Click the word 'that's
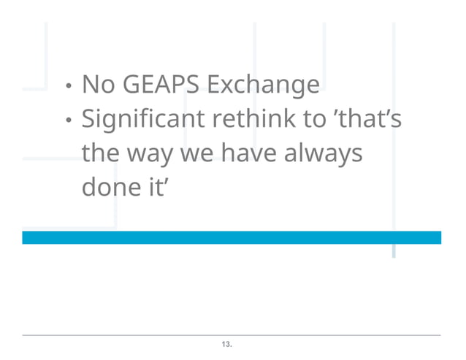click(368, 118)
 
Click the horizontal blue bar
click(232, 237)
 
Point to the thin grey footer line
click(232, 335)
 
